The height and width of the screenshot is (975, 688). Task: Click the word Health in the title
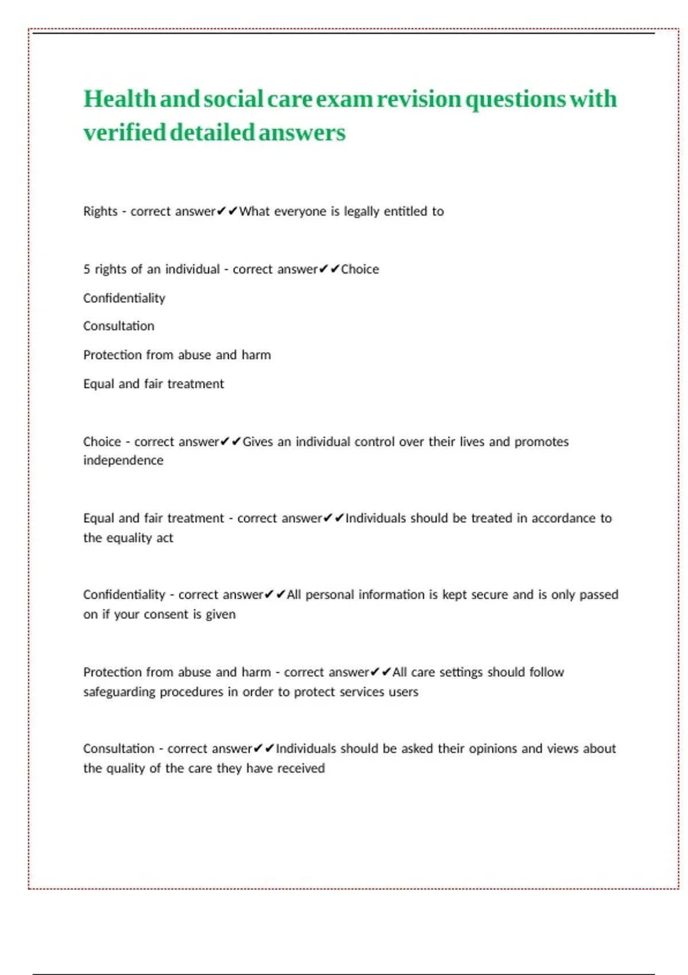[119, 99]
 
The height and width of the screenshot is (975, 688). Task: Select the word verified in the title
[124, 132]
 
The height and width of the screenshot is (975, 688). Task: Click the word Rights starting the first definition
[100, 212]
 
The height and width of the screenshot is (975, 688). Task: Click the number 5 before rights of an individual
[87, 270]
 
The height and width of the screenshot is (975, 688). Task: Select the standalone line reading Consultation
[119, 326]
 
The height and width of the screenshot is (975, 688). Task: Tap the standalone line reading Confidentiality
[124, 298]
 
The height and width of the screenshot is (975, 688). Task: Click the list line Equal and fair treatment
[153, 384]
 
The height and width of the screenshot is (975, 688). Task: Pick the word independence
[123, 461]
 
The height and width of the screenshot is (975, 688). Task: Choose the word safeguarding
[119, 692]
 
